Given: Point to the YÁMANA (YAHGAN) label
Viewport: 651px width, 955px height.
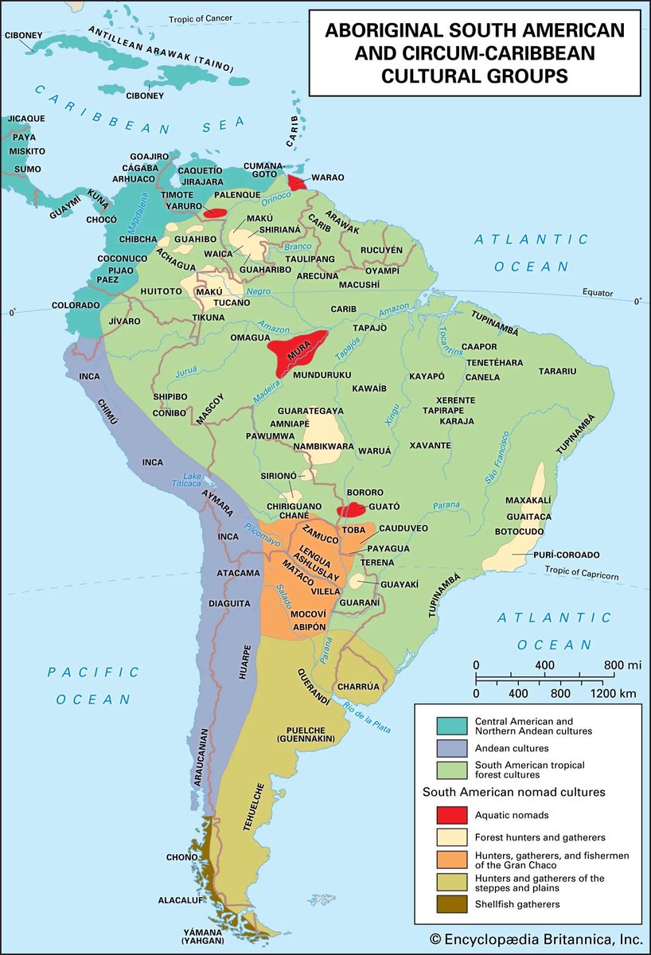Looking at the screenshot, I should point(201,936).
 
